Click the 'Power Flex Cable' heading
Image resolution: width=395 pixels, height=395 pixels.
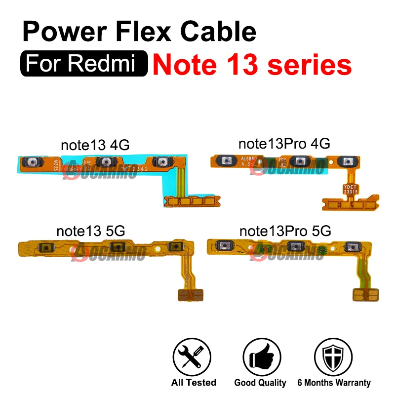(139, 33)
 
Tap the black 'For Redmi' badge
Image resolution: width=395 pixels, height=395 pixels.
(84, 65)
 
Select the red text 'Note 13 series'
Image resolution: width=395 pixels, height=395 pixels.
(252, 65)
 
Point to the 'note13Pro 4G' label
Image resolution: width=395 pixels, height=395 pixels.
(284, 144)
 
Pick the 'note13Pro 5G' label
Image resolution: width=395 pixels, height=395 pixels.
(285, 231)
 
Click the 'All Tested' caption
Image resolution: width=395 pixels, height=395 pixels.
(194, 383)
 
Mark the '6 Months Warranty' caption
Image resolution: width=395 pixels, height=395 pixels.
(334, 383)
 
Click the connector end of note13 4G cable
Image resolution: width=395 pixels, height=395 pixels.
(191, 201)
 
